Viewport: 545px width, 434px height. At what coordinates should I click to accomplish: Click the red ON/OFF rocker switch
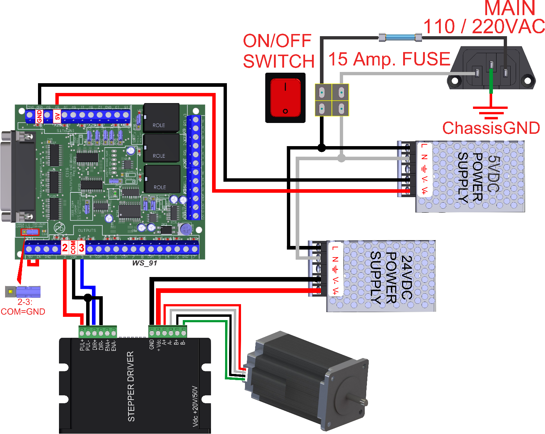286,98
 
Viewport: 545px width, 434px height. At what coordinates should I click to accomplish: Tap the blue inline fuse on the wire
400,37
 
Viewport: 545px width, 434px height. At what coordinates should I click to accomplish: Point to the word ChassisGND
491,128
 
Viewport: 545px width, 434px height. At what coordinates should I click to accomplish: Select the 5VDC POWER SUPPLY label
479,177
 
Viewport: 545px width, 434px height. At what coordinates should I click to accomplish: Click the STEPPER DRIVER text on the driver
131,386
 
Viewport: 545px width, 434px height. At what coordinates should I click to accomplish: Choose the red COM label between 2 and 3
73,248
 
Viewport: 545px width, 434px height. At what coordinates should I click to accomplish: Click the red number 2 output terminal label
65,248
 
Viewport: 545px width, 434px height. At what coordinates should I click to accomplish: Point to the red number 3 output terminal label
82,248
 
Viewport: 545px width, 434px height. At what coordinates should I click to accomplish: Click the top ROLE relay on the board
161,118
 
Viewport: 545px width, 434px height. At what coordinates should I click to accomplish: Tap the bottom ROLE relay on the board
162,179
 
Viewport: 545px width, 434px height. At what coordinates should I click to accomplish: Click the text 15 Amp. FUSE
389,59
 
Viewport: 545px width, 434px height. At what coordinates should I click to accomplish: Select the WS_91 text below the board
144,263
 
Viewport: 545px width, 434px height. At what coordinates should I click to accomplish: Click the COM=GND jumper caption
23,311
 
